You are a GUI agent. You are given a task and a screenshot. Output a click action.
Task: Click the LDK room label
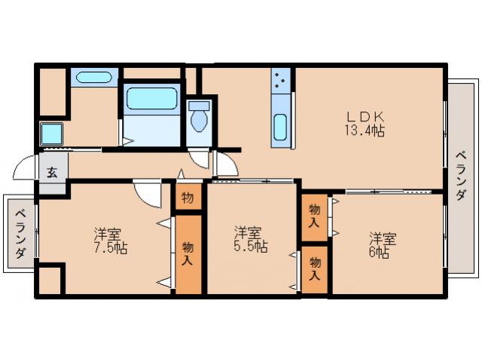tap(365, 117)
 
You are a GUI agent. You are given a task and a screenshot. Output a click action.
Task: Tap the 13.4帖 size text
tap(365, 130)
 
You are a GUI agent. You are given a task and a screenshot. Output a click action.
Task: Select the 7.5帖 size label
tap(111, 248)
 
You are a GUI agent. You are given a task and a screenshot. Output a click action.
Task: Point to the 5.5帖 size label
tap(251, 247)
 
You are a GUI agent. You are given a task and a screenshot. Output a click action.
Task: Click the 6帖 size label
tap(379, 253)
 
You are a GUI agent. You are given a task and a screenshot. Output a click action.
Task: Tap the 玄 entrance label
tap(52, 173)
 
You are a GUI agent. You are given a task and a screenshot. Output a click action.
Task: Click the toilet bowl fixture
tap(199, 118)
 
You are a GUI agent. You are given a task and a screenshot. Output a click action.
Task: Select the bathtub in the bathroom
tap(152, 98)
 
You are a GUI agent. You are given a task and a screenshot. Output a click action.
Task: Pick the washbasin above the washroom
tap(93, 77)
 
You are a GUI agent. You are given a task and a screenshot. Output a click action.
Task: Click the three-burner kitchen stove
tap(281, 80)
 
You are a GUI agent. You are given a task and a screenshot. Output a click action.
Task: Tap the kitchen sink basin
tap(280, 127)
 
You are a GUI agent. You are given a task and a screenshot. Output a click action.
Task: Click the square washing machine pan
tap(52, 134)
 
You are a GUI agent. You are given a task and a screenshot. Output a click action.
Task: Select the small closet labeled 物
tap(188, 197)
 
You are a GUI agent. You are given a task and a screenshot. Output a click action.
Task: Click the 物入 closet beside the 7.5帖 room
tap(188, 254)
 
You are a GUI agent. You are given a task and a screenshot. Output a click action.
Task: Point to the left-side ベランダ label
tap(20, 234)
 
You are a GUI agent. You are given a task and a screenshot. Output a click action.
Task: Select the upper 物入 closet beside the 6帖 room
tap(314, 217)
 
